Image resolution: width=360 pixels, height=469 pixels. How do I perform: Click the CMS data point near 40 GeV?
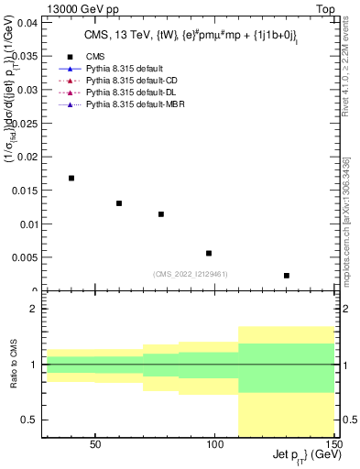(71, 178)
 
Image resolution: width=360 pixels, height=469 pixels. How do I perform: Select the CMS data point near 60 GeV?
(119, 203)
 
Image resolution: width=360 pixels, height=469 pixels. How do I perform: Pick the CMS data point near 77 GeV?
(161, 214)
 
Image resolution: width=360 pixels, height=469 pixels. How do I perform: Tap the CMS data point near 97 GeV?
(209, 253)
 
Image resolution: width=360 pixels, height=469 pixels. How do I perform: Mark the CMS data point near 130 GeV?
(287, 276)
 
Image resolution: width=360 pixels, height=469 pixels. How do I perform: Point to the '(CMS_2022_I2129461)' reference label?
(190, 274)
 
